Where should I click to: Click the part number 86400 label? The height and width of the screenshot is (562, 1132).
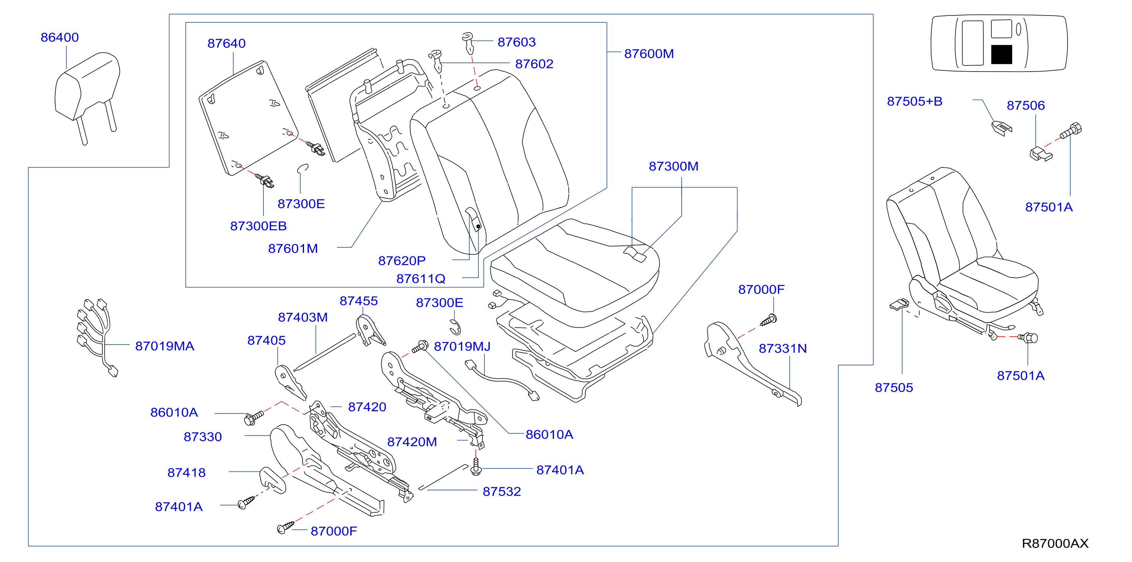click(60, 37)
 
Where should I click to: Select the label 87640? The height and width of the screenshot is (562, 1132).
click(226, 44)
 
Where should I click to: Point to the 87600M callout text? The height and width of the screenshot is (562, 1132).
click(649, 53)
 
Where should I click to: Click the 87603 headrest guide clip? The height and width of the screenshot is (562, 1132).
click(469, 42)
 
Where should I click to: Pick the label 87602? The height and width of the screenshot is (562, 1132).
click(534, 64)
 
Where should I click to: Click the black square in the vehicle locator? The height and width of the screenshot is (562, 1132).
click(1002, 55)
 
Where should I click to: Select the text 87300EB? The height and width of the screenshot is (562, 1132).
click(259, 226)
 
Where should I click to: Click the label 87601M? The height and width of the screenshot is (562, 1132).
click(293, 248)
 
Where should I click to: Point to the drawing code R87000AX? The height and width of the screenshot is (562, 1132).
click(1055, 543)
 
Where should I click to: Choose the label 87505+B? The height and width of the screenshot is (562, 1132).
click(914, 101)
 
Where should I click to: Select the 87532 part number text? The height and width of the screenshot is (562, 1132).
click(502, 492)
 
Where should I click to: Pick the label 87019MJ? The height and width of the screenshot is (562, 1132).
click(462, 347)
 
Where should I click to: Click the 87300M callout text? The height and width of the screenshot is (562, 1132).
click(674, 166)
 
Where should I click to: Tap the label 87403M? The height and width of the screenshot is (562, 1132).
click(303, 317)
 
